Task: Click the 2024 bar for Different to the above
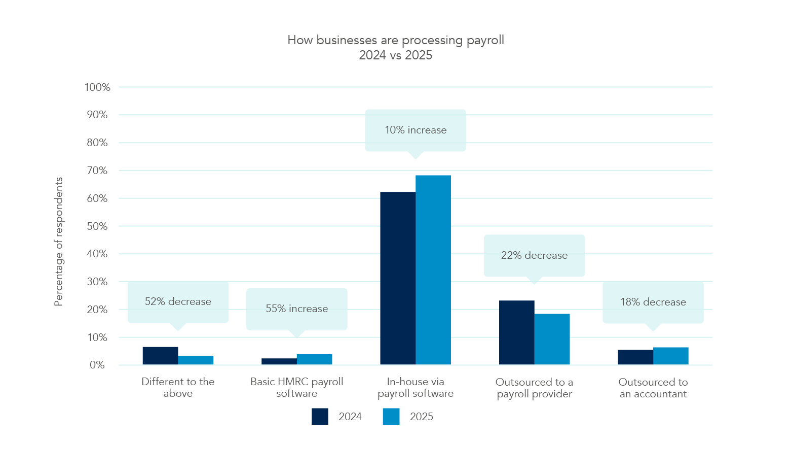tap(160, 356)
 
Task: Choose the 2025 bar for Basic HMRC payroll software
tap(314, 359)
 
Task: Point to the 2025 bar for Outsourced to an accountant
tap(670, 356)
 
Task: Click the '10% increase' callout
tap(416, 130)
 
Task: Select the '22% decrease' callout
tap(534, 256)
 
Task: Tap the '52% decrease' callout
tap(178, 302)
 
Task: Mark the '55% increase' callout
tap(297, 309)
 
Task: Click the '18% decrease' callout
tap(653, 302)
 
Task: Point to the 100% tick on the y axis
tap(97, 87)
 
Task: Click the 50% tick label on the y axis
tap(97, 226)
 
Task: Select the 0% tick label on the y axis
tap(97, 365)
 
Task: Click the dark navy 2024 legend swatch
tap(320, 417)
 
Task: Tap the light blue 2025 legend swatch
tap(391, 417)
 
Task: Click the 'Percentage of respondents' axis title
tap(59, 242)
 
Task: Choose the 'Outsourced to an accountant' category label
tap(653, 388)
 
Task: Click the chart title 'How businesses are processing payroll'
tap(396, 40)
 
